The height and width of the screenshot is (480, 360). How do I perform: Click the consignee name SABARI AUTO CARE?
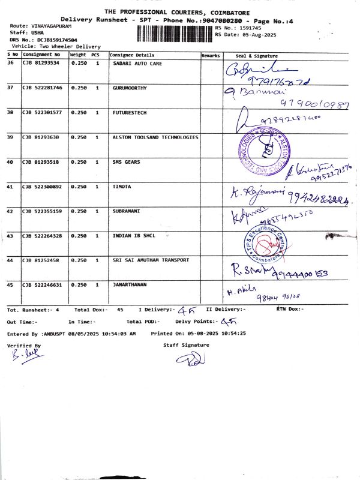(137, 63)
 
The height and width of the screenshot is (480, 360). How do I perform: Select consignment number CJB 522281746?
(41, 88)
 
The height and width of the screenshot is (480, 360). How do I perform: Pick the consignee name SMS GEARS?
(127, 162)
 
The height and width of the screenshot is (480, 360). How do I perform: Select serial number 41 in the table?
(10, 187)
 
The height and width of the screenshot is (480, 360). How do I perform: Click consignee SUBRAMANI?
(127, 211)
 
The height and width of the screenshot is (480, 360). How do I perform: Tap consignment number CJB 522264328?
(41, 236)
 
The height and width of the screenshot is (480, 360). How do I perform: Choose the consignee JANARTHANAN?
(130, 284)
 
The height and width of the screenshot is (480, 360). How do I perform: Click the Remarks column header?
(211, 55)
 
